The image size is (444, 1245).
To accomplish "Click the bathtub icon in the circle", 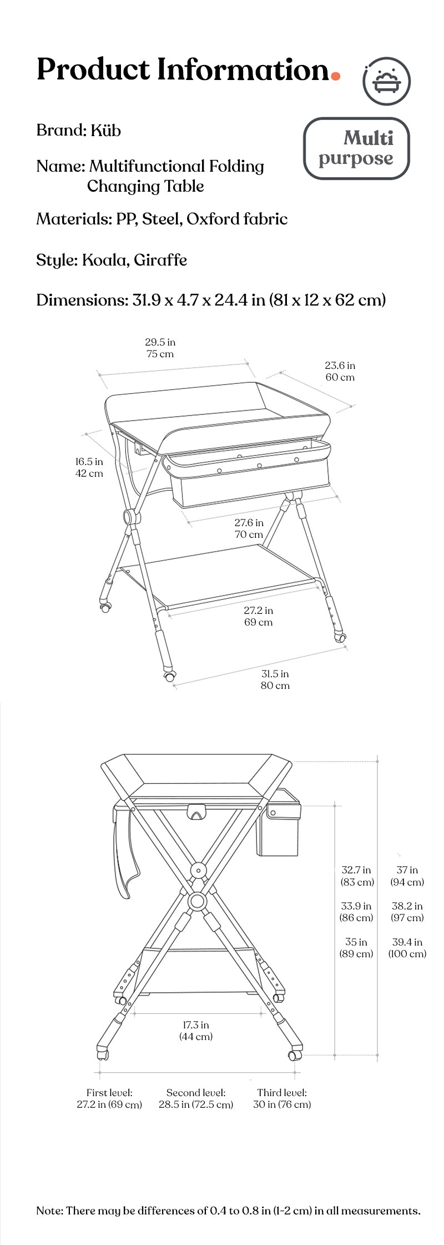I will pos(387,81).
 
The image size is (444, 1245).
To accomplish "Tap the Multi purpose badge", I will pos(356,148).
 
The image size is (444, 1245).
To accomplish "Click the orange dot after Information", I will pos(335,77).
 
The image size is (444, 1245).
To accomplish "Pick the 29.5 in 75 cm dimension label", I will pos(160,348).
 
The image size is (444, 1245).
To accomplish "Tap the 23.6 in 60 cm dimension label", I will pos(340,371).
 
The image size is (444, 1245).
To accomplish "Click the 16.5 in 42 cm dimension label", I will pos(89,467).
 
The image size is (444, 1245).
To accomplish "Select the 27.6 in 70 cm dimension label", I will pos(249,528).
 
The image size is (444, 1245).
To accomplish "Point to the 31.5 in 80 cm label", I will pos(275,679).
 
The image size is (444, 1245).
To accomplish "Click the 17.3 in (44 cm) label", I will pos(196,1031).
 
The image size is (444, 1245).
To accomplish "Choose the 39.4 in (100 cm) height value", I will pos(407,948).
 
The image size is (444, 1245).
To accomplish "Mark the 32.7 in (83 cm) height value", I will pos(357,876).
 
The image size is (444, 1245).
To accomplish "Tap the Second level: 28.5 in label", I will pos(196,1098).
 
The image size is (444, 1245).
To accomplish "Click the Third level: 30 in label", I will pos(282,1098).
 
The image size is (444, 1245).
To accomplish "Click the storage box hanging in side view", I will pos(279,825).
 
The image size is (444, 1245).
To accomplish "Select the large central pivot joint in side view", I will pos(197,901).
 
